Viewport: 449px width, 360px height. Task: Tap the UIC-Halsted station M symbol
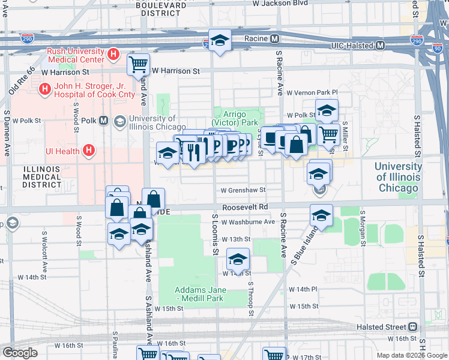coord(381,46)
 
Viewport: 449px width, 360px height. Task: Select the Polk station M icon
coord(104,121)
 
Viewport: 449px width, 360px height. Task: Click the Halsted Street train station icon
coord(413,327)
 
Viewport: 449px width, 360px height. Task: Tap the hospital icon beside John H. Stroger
coord(44,90)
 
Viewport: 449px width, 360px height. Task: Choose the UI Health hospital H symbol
coord(88,151)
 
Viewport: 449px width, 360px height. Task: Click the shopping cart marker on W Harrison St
coord(139,63)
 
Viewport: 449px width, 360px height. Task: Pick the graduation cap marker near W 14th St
coord(238,260)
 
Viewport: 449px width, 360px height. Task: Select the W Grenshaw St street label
coord(243,190)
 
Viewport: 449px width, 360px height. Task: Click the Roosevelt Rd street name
coord(244,207)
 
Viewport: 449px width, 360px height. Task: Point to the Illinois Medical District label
coord(42,177)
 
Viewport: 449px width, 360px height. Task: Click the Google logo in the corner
coord(20,352)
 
